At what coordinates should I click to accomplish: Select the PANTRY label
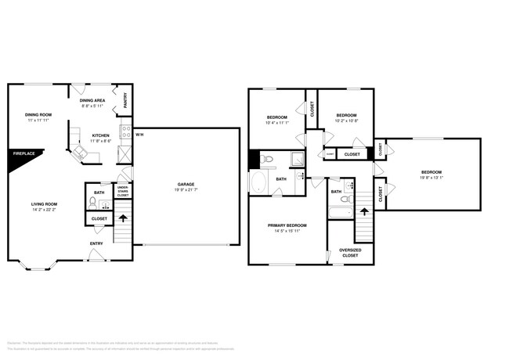coord(125,102)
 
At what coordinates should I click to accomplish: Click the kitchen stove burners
coord(125,131)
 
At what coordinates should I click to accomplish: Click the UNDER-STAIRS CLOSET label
coord(123,190)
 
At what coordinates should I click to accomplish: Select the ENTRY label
coord(96,243)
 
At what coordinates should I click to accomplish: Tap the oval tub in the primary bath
coord(258,183)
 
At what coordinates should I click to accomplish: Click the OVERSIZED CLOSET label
coord(349,253)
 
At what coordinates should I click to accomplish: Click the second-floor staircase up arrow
coord(363,211)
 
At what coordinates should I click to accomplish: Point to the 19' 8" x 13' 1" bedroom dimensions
coord(431,178)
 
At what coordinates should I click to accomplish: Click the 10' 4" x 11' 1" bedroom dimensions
coord(277,122)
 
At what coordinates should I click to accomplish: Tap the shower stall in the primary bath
coord(298,159)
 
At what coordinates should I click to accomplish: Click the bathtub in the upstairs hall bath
coord(340,211)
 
